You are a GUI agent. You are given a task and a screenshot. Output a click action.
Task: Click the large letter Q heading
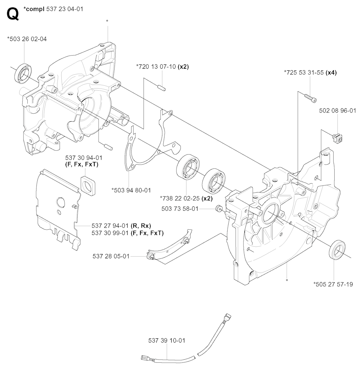point(13,14)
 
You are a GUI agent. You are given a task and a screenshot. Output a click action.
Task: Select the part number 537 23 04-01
point(65,9)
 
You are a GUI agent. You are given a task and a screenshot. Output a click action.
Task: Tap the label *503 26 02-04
point(27,39)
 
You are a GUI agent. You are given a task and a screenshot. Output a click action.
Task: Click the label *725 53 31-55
point(304,72)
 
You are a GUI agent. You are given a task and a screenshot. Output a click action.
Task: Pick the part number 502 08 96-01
point(337,111)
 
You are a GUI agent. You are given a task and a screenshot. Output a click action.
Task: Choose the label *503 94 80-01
point(131,190)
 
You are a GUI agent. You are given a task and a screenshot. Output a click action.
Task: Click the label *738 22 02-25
point(180,198)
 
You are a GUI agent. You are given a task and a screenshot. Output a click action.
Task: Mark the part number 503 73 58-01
point(180,209)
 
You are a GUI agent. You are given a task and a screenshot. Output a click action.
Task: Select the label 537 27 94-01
point(110,225)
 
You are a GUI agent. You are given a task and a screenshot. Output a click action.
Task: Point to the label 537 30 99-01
point(110,233)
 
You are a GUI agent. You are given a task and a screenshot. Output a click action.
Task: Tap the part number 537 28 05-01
point(111,256)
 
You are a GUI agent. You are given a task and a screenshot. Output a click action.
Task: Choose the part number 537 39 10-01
point(167,340)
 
